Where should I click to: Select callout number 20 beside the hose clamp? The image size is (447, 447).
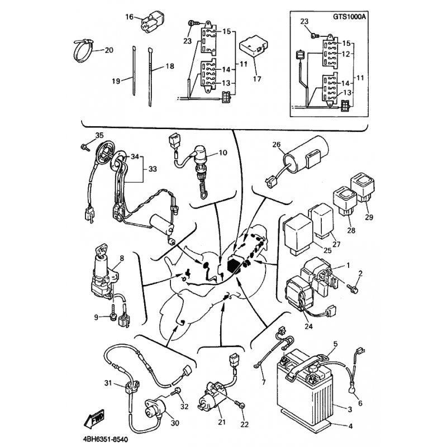[108, 50]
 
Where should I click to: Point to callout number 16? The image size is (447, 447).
[129, 17]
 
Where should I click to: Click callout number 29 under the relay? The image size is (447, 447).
[369, 217]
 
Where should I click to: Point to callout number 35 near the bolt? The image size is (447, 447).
[99, 135]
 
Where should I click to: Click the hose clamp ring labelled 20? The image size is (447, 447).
[84, 50]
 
